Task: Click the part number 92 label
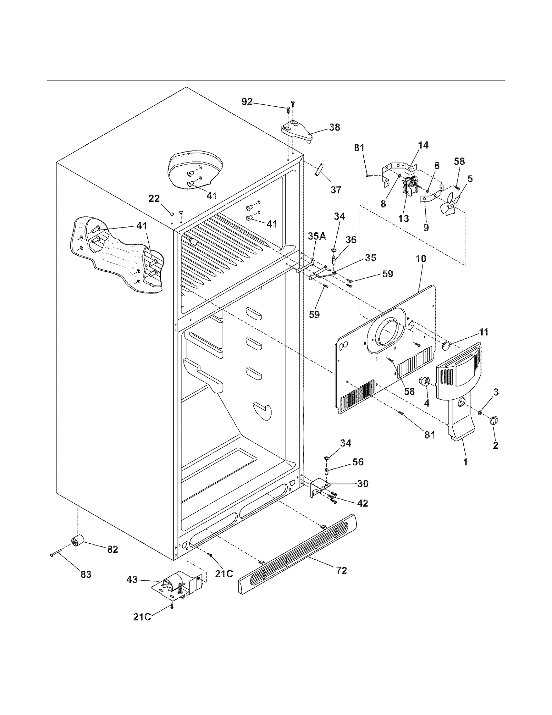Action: [x=247, y=102]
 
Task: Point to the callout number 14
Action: [x=423, y=145]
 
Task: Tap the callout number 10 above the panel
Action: [x=421, y=259]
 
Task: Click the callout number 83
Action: [x=86, y=574]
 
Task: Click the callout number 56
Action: [x=358, y=462]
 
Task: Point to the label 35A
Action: [x=317, y=236]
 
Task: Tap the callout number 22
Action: [x=154, y=199]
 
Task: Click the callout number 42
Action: [x=362, y=503]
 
